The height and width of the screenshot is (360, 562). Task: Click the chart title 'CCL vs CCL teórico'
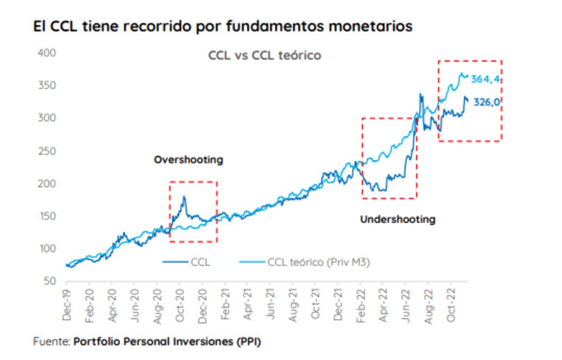click(265, 56)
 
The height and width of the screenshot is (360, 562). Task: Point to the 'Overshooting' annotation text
click(188, 160)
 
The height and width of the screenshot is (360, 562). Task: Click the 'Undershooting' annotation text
click(397, 219)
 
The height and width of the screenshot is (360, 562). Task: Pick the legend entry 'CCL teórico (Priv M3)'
click(318, 262)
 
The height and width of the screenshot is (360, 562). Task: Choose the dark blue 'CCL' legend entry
click(200, 262)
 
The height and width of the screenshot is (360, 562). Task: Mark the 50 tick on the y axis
click(48, 281)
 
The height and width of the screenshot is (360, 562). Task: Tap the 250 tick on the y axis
click(45, 151)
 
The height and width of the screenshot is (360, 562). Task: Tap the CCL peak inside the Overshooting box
click(184, 197)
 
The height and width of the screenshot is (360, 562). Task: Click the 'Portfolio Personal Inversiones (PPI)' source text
click(167, 341)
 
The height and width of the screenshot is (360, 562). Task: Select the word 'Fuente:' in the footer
click(52, 341)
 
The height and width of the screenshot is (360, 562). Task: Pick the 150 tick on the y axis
click(45, 216)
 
